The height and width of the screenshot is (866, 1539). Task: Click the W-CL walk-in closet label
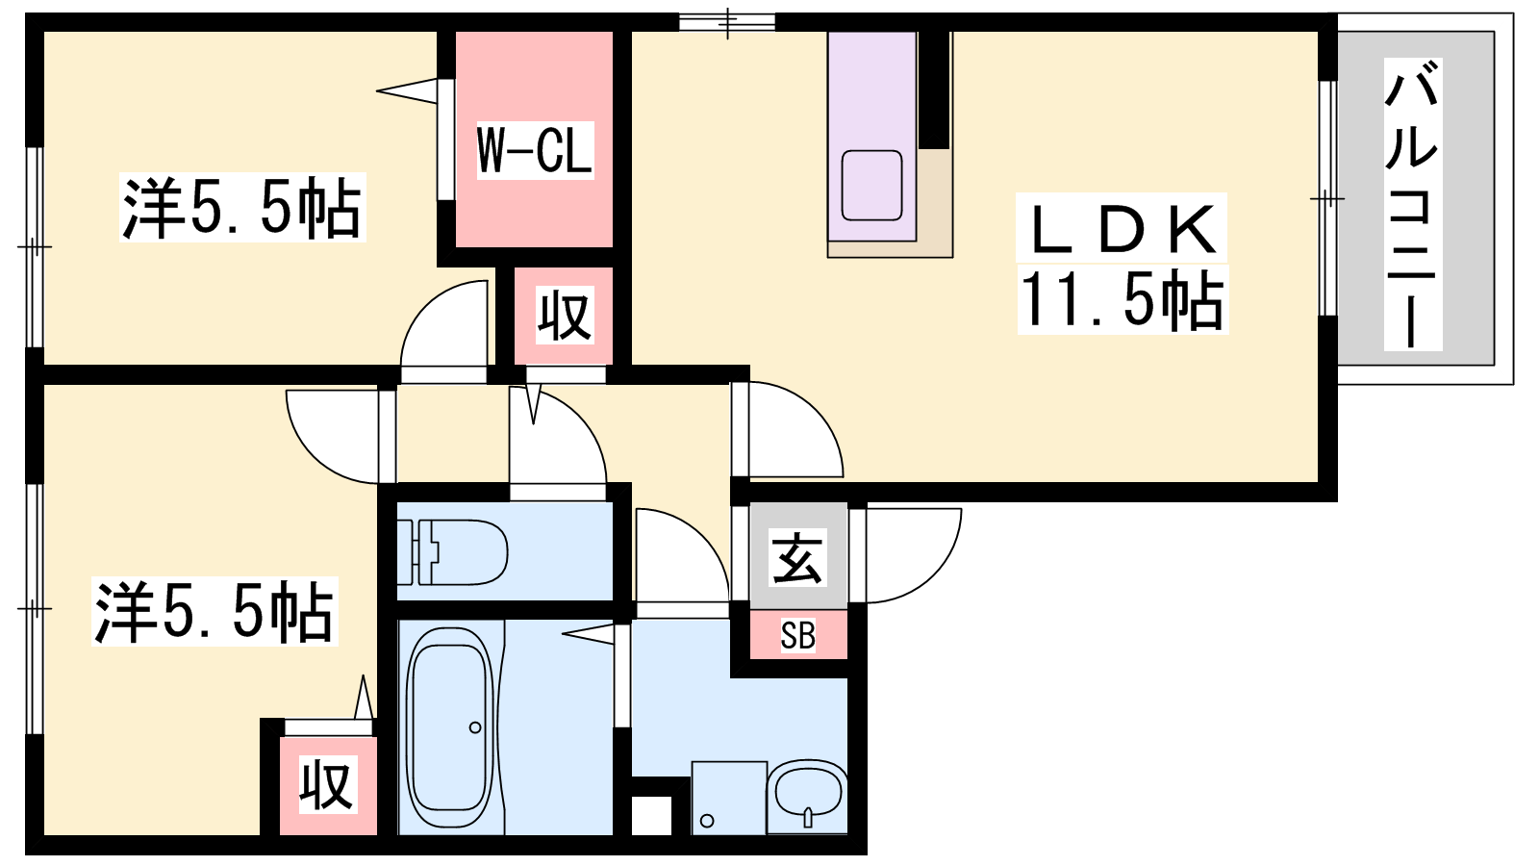pyautogui.click(x=535, y=151)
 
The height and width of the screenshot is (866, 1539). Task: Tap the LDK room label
pyautogui.click(x=1122, y=229)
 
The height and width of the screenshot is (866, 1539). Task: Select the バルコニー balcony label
pyautogui.click(x=1413, y=204)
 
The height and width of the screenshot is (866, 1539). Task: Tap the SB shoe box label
pyautogui.click(x=797, y=635)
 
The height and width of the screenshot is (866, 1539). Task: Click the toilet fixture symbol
pyautogui.click(x=453, y=552)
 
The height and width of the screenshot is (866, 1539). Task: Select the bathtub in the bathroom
pyautogui.click(x=451, y=727)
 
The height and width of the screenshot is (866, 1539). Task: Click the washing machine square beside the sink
pyautogui.click(x=729, y=798)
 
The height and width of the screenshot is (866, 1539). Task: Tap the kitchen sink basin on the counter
pyautogui.click(x=871, y=186)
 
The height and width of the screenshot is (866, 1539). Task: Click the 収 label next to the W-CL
pyautogui.click(x=564, y=317)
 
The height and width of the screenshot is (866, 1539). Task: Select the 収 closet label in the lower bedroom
pyautogui.click(x=327, y=784)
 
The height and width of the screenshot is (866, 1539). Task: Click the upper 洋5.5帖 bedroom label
pyautogui.click(x=241, y=207)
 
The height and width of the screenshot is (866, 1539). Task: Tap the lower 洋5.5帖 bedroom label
pyautogui.click(x=214, y=611)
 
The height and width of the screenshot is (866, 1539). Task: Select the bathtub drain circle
pyautogui.click(x=475, y=727)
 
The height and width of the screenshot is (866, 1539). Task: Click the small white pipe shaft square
pyautogui.click(x=651, y=816)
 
